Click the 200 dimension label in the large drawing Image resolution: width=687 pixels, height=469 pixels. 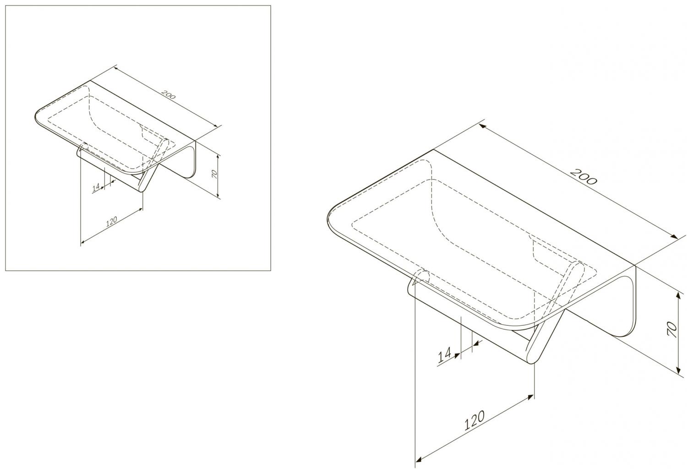(583, 177)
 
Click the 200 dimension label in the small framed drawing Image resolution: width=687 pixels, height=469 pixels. (168, 95)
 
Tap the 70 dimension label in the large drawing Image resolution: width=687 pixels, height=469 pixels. (672, 329)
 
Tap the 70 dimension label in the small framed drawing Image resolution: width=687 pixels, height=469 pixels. (214, 174)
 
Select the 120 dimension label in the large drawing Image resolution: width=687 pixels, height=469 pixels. (474, 420)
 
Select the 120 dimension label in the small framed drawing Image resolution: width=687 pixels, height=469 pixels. (112, 222)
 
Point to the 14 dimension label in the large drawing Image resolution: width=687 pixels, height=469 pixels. (444, 355)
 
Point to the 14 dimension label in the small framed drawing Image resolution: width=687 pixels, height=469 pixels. (96, 187)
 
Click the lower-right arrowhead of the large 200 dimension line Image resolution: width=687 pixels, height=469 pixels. (674, 236)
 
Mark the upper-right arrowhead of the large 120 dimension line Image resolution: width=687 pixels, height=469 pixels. (530, 397)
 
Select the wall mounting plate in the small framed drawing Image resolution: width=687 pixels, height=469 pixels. (184, 159)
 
